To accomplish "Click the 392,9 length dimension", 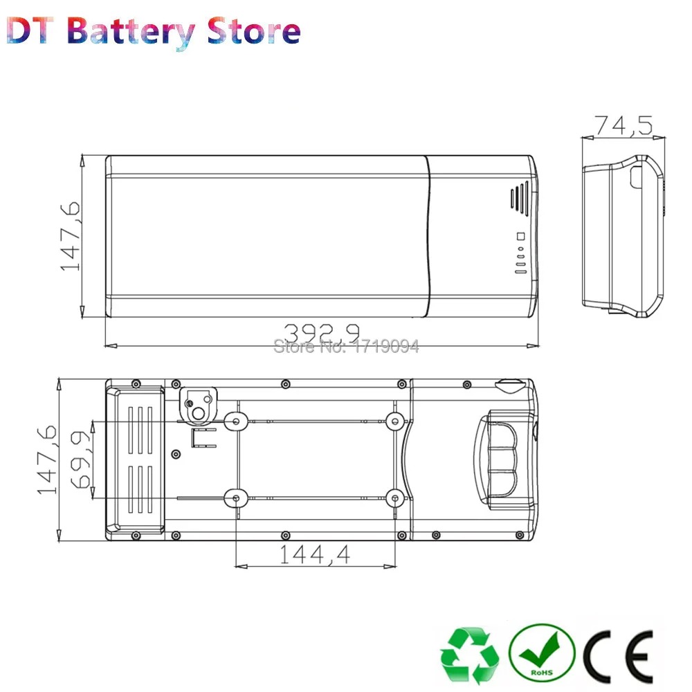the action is (321, 333).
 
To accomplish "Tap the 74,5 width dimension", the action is (623, 125).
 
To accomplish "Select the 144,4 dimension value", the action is (315, 554).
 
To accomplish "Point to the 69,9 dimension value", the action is (81, 460).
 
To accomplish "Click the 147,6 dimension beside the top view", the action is (70, 236).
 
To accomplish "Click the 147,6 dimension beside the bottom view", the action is (47, 459).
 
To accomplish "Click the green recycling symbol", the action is (470, 655).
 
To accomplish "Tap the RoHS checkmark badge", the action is (542, 653).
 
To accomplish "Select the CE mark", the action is (618, 656).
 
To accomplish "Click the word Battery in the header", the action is (131, 33).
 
